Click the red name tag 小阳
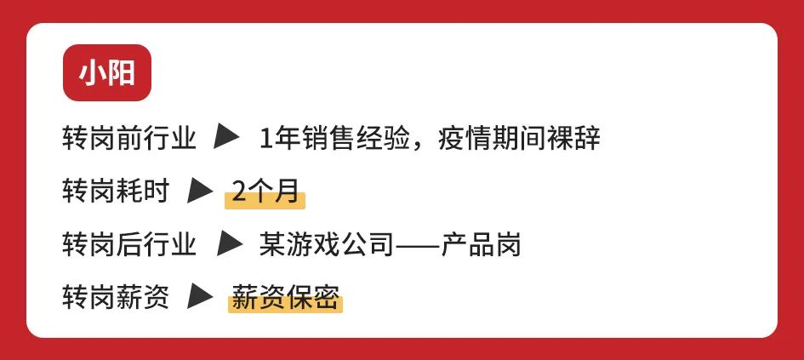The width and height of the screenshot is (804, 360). click(x=106, y=73)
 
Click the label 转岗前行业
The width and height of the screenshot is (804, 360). click(x=129, y=137)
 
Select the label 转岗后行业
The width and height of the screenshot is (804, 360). click(x=129, y=246)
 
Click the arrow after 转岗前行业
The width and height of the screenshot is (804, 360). click(x=229, y=136)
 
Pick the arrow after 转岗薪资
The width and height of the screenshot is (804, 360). click(x=200, y=298)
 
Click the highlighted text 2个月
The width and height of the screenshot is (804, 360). click(x=265, y=192)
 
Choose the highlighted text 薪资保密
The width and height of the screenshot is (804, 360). click(x=285, y=300)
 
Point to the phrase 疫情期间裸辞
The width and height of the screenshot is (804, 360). click(x=519, y=137)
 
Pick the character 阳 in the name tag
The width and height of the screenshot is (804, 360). click(x=122, y=73)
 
